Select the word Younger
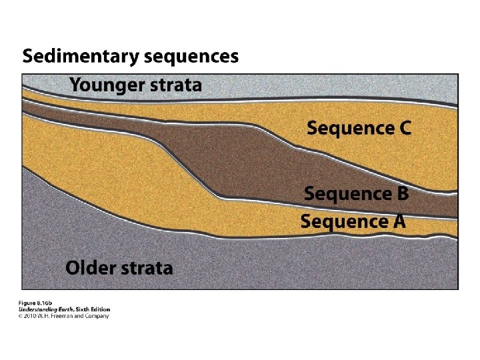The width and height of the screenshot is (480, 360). click(107, 85)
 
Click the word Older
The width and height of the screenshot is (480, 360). click(90, 268)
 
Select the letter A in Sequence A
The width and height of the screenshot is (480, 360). click(397, 221)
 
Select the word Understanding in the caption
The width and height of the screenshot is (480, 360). click(38, 309)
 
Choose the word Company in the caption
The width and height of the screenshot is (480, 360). click(96, 315)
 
